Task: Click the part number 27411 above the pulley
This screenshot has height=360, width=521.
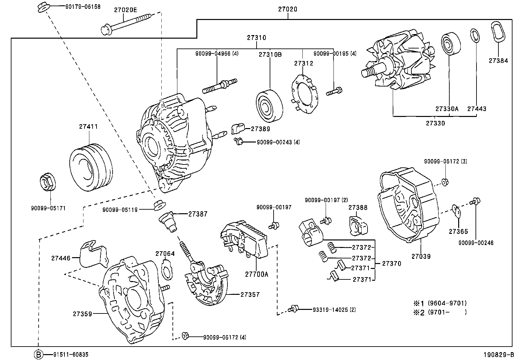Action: (88, 126)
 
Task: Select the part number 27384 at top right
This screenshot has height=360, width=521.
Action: (498, 61)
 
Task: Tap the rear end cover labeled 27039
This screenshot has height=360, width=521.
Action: (408, 205)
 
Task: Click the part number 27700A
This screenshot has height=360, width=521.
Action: (257, 274)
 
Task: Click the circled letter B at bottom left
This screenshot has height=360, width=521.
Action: (39, 354)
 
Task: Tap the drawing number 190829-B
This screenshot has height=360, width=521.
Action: (499, 354)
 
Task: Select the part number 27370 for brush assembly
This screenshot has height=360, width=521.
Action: (391, 263)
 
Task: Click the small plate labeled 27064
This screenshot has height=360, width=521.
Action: (167, 269)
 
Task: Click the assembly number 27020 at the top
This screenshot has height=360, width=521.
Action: (288, 9)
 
